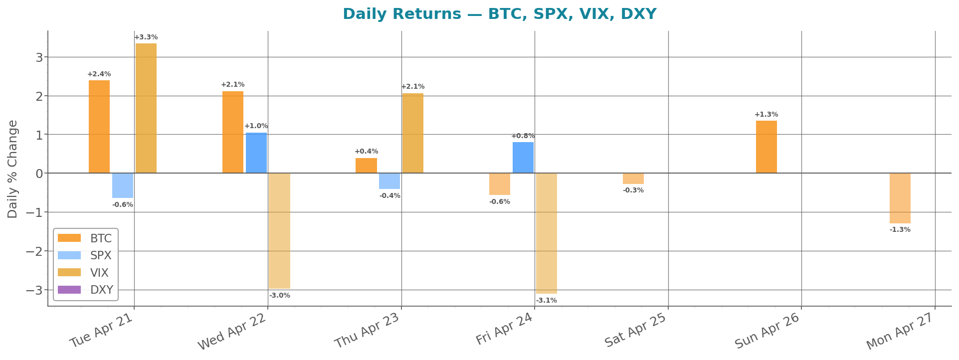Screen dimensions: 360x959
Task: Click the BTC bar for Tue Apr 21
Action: [99, 127]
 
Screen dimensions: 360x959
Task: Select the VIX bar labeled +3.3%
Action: [146, 108]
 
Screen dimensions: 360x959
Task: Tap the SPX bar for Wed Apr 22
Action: [256, 153]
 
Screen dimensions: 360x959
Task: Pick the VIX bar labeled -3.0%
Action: [279, 231]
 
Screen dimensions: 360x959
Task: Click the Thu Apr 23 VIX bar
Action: [413, 133]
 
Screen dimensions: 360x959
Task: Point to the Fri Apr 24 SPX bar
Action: [523, 158]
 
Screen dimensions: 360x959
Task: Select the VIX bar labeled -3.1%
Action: [546, 233]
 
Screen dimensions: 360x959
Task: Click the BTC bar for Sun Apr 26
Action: [767, 147]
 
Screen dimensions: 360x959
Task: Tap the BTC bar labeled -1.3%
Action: [900, 198]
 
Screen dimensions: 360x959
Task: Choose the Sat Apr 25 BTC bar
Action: [633, 179]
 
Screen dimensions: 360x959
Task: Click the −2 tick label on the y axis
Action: [34, 251]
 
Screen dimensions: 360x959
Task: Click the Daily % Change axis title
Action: [13, 169]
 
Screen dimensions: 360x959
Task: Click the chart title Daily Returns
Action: [499, 14]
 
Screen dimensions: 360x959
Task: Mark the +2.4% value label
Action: [99, 74]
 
